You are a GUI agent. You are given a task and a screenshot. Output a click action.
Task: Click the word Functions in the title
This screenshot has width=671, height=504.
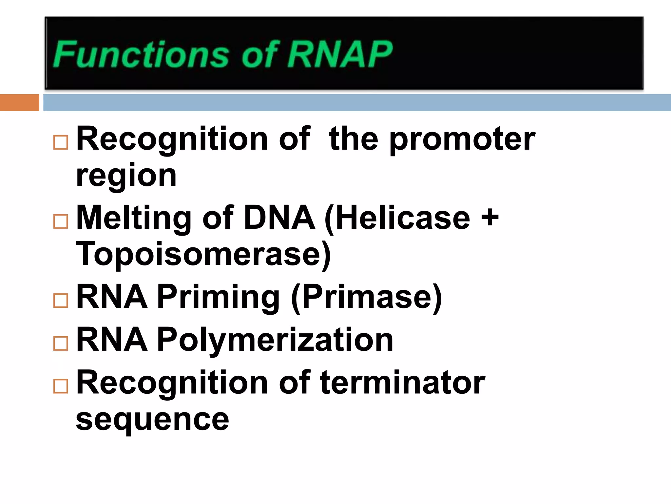tap(141, 54)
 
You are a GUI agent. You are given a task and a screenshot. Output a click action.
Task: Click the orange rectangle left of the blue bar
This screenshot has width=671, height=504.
tap(19, 102)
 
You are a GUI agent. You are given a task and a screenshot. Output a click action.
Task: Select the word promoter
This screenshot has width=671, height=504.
tap(462, 139)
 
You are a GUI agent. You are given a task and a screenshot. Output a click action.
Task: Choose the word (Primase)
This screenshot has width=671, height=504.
tap(367, 297)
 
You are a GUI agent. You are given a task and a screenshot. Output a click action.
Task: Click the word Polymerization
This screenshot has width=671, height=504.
tap(275, 341)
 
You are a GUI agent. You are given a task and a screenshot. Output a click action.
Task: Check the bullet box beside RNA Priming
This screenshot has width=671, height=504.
tap(61, 300)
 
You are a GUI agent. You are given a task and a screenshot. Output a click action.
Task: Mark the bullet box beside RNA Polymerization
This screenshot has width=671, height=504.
tap(61, 344)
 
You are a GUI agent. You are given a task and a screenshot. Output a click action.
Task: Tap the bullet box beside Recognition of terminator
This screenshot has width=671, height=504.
tap(61, 386)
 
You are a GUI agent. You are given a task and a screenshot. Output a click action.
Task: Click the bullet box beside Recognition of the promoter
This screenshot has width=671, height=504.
tap(61, 142)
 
